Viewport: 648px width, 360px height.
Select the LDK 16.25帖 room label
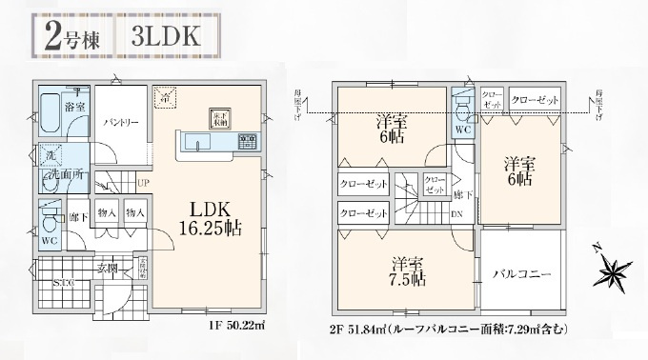point(206,218)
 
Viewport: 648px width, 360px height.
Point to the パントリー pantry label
point(119,123)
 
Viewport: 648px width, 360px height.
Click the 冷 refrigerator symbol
point(166,98)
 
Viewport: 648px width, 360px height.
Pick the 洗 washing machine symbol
point(49,155)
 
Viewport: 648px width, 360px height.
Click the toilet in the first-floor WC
point(51,223)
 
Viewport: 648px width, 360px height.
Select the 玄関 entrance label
point(108,270)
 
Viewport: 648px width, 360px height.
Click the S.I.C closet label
point(64,283)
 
